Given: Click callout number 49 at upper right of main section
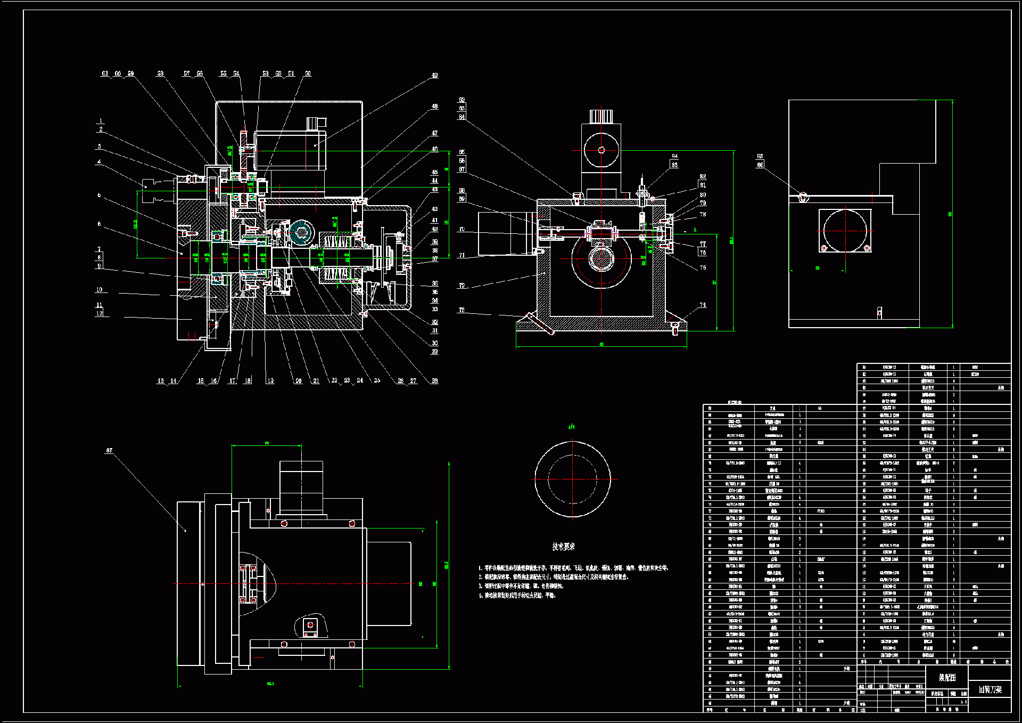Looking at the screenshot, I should (434, 75).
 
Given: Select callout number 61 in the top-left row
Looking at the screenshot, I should (105, 74).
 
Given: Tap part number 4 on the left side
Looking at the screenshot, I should (99, 161).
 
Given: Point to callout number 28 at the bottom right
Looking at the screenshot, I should (434, 380).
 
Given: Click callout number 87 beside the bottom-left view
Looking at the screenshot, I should (109, 450).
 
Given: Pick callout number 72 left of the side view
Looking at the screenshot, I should (461, 286).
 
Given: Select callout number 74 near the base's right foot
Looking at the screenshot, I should (703, 305).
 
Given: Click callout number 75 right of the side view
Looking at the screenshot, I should (703, 267).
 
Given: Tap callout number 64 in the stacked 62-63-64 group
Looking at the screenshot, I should (461, 117).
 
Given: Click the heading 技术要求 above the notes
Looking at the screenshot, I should (563, 547).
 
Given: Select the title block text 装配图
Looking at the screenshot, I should (947, 678).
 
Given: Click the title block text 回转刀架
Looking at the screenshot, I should (990, 689).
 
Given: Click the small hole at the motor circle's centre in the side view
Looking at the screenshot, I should (601, 150).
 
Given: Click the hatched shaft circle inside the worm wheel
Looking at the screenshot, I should (601, 259).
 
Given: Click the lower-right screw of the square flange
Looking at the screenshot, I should (867, 248).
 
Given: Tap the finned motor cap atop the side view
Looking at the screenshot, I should (601, 116).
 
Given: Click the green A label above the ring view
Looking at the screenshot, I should (571, 427).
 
